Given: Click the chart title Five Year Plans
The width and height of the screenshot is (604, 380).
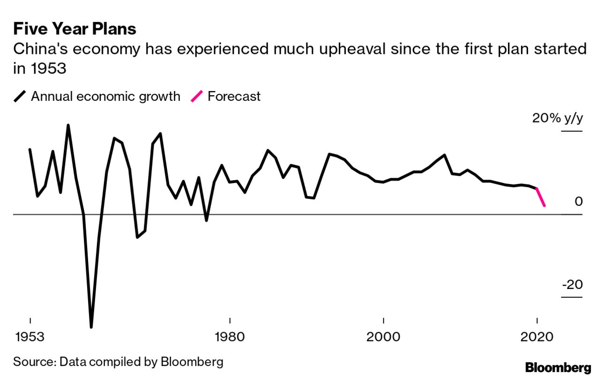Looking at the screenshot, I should pyautogui.click(x=75, y=29).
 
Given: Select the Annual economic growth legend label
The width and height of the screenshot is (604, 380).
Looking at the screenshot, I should pyautogui.click(x=105, y=97).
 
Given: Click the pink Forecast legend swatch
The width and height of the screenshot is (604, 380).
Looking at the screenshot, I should pyautogui.click(x=196, y=97).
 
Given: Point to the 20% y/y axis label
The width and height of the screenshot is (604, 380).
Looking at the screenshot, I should pyautogui.click(x=558, y=118).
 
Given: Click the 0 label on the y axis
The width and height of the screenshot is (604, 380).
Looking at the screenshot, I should pyautogui.click(x=578, y=202).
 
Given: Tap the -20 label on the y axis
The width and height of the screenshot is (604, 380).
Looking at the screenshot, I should pyautogui.click(x=572, y=285).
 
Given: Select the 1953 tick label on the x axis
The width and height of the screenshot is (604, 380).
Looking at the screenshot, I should pyautogui.click(x=30, y=337).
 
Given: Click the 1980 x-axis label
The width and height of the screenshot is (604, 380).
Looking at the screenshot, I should pyautogui.click(x=230, y=337).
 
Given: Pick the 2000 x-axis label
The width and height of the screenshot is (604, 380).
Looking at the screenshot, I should pyautogui.click(x=383, y=337).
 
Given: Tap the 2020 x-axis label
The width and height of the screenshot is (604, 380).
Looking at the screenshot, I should pyautogui.click(x=536, y=337).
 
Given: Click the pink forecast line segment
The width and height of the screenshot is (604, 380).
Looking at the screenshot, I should pyautogui.click(x=540, y=197).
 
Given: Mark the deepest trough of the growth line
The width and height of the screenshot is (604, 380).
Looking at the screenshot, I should pyautogui.click(x=91, y=327).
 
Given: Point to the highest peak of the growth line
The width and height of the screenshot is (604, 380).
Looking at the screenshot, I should pyautogui.click(x=68, y=125).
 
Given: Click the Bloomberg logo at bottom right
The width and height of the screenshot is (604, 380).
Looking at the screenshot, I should pyautogui.click(x=558, y=367).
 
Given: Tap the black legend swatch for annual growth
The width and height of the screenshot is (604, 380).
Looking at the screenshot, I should pyautogui.click(x=20, y=97).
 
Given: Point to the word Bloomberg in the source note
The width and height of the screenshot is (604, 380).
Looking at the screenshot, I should pyautogui.click(x=192, y=362).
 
